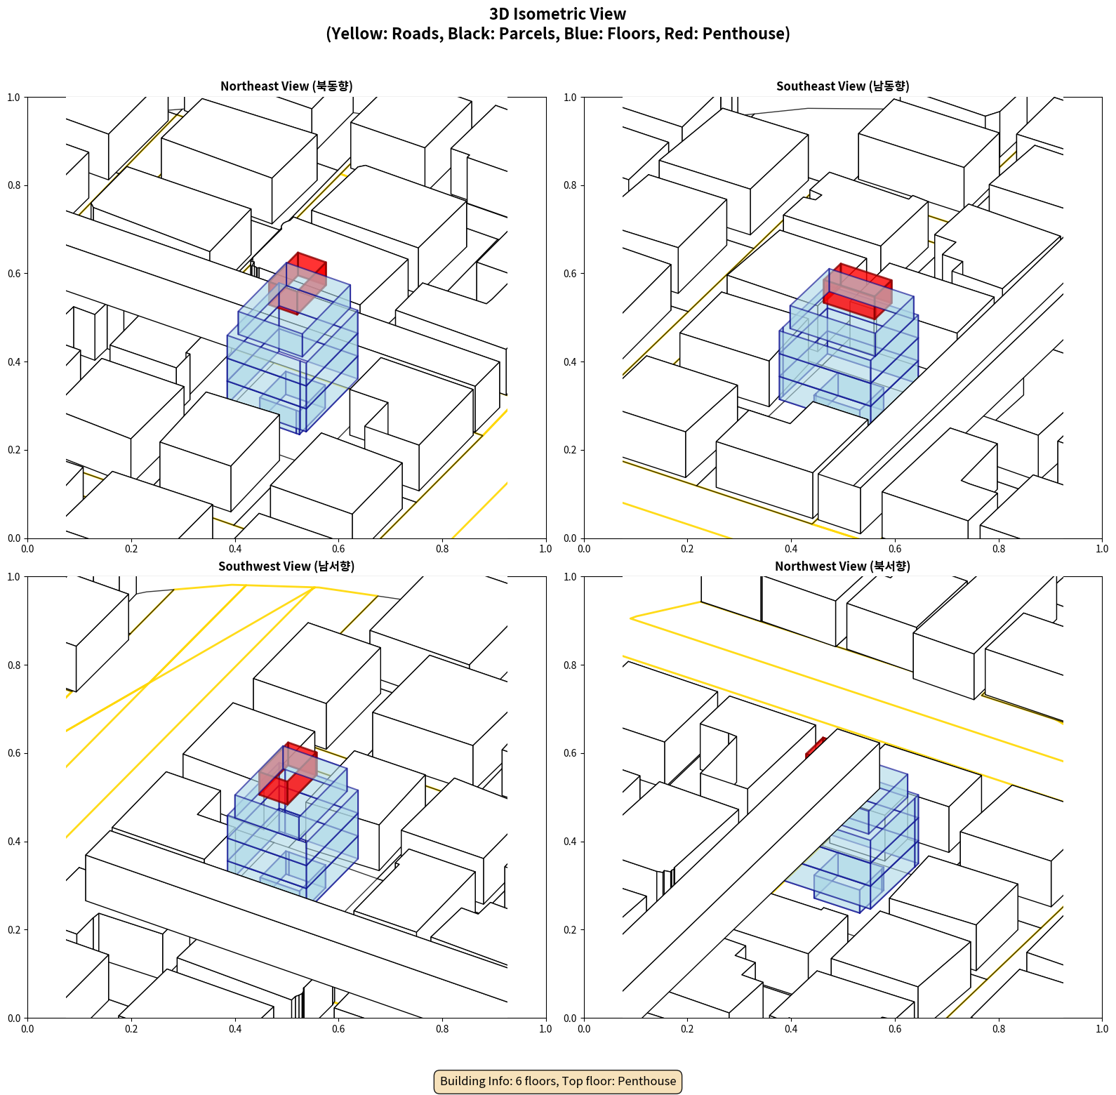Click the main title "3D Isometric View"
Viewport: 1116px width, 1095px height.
[558, 14]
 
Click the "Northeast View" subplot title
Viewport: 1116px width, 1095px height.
[286, 86]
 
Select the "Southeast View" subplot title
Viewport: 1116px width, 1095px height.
[842, 86]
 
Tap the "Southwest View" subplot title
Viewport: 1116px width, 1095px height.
[286, 566]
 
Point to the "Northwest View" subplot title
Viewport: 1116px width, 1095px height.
[842, 566]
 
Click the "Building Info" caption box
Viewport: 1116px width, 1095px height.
[558, 1081]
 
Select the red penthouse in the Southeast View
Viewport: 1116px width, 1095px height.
[857, 291]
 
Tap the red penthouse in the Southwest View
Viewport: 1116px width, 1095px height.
[288, 773]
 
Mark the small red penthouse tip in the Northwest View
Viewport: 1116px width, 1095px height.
[816, 748]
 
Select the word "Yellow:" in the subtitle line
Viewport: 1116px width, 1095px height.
[357, 34]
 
